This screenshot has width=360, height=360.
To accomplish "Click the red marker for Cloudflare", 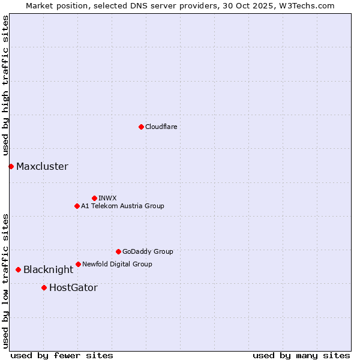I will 141,127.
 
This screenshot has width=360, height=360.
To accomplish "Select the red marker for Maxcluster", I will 11,166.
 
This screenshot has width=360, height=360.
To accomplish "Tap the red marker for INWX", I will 94,198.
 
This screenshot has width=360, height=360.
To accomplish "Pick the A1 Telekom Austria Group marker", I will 77,206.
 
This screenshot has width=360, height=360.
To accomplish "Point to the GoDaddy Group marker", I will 118,251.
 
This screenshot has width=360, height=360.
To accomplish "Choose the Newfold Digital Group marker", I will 78,264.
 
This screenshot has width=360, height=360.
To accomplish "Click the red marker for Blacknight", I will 18,270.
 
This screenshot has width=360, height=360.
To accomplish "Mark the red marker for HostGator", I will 44,288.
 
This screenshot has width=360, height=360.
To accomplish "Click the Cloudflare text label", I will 161,127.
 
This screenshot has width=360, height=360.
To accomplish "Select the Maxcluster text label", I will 42,167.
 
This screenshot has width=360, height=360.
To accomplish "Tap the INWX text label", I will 107,198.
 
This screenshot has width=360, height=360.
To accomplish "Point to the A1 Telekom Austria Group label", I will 122,206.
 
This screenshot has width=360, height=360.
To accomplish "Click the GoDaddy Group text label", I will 148,251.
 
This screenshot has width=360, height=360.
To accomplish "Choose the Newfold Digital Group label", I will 117,264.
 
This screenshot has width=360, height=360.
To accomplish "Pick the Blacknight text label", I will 48,270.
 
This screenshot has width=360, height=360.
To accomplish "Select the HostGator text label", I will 73,288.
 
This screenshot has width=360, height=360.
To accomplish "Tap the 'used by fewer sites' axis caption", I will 62,355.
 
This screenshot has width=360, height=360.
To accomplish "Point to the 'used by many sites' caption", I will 301,355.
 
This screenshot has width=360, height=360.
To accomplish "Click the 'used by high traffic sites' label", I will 5,86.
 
